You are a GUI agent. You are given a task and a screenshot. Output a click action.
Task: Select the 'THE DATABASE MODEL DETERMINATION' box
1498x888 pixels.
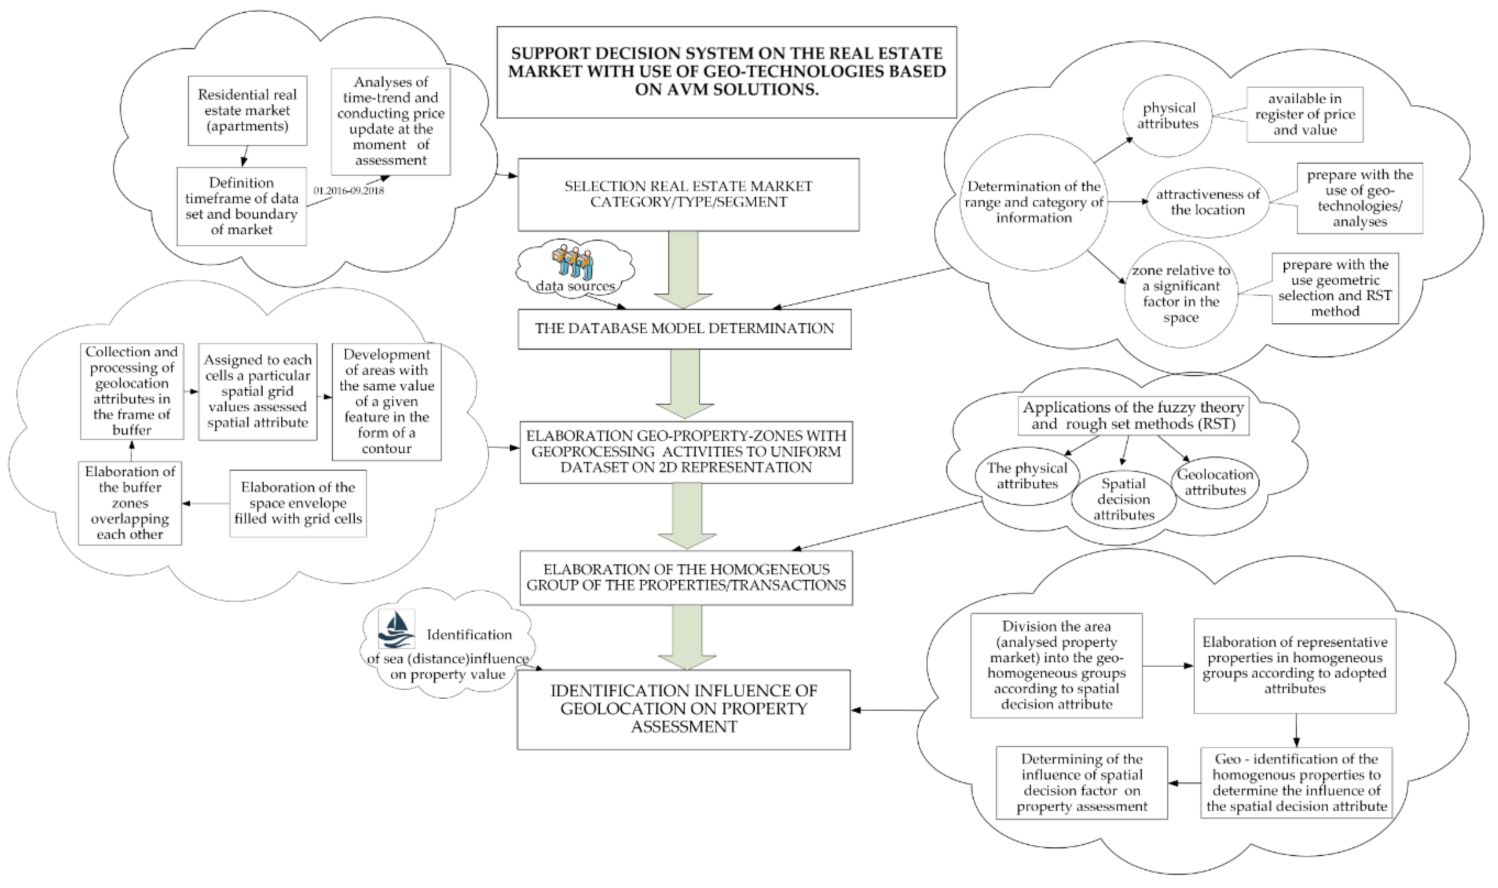pyautogui.click(x=684, y=329)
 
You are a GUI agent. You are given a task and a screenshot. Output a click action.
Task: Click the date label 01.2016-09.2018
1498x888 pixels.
pyautogui.click(x=349, y=191)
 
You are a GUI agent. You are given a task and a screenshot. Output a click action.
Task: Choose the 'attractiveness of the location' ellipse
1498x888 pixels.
pyautogui.click(x=1207, y=202)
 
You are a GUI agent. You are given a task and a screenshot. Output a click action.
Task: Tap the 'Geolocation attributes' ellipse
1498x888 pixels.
pyautogui.click(x=1215, y=482)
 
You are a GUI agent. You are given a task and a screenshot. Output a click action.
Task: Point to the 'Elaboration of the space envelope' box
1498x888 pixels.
pyautogui.click(x=298, y=503)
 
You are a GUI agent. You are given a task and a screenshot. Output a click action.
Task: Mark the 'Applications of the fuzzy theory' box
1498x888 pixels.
pyautogui.click(x=1133, y=416)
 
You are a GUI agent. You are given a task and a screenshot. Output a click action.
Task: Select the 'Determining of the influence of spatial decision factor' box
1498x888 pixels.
pyautogui.click(x=1082, y=783)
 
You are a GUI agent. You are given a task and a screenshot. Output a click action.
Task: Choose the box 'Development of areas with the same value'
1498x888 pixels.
pyautogui.click(x=387, y=402)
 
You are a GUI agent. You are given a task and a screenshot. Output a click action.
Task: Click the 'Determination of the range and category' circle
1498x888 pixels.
pyautogui.click(x=1034, y=202)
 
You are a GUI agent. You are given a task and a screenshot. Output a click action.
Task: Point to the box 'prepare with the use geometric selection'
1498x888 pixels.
pyautogui.click(x=1335, y=288)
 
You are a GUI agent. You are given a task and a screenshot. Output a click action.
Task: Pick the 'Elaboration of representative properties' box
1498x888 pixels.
pyautogui.click(x=1295, y=666)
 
